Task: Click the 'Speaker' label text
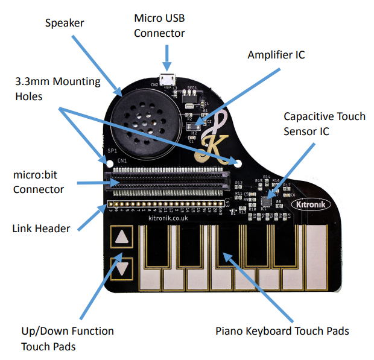tap(65, 23)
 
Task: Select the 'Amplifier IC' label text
tap(276, 55)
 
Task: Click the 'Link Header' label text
tap(42, 229)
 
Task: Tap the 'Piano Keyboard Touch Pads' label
tap(282, 330)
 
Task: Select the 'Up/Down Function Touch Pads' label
tap(67, 338)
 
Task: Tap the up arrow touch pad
tap(124, 237)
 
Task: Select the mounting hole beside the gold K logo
tap(238, 163)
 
